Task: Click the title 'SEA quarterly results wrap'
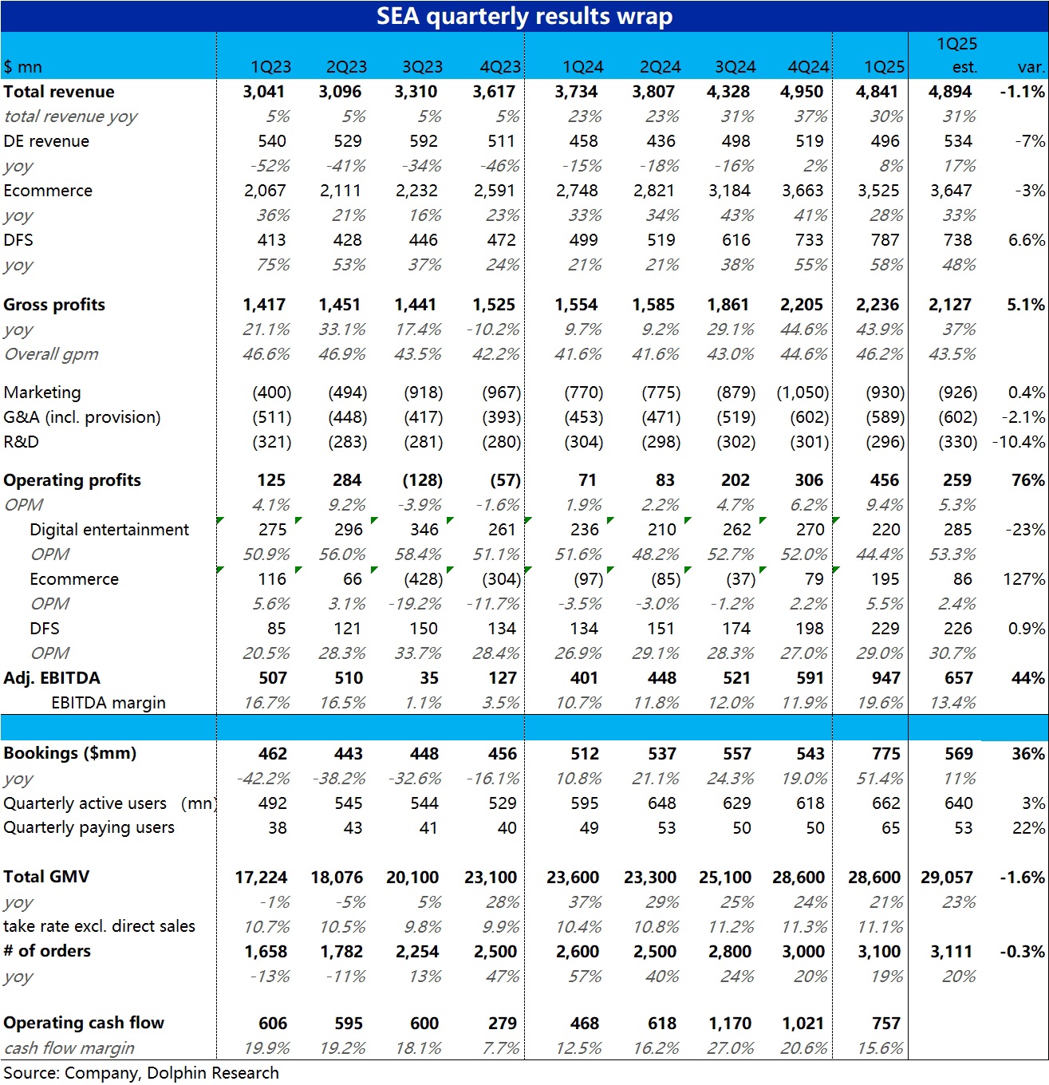524,16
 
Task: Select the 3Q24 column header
735,67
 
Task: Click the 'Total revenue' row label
59,92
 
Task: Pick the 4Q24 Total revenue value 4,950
802,92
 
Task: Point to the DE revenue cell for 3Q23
424,141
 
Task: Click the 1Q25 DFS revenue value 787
885,240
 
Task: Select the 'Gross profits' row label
54,305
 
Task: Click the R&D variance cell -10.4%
1019,442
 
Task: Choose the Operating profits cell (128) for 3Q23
423,480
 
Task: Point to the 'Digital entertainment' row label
109,530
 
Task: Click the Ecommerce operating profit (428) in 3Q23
424,579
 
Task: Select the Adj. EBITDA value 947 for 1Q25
885,678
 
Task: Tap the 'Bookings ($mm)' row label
69,753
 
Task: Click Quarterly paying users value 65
891,828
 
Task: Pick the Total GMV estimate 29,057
946,877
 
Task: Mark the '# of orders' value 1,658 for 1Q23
266,951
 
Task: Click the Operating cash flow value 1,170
729,1023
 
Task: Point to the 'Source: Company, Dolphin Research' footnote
141,1073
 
